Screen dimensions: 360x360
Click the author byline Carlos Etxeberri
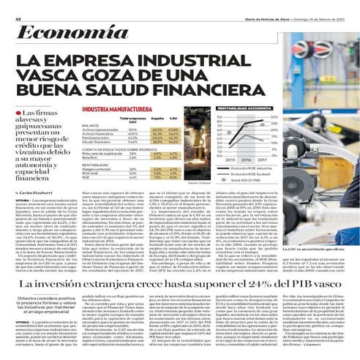(29, 192)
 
